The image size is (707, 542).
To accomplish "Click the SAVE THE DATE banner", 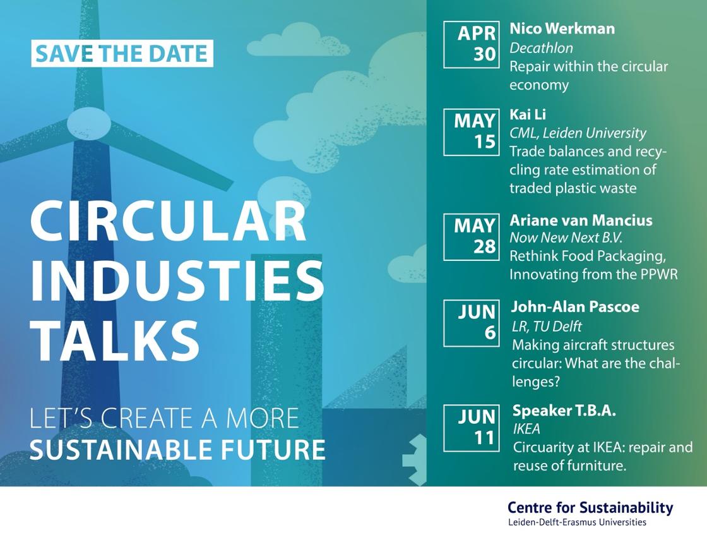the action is click(x=122, y=54).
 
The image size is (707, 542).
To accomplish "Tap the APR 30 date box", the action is click(x=471, y=45).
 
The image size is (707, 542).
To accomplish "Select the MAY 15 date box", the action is click(x=471, y=132).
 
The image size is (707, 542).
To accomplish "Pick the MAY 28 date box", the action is click(x=471, y=237).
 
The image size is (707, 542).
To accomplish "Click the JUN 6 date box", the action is click(x=471, y=323).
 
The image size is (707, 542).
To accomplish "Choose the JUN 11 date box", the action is click(x=471, y=428).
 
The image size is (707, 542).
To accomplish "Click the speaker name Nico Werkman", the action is click(x=562, y=28).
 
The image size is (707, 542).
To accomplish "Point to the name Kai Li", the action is click(x=528, y=114).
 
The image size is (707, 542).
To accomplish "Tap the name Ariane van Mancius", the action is click(x=581, y=220).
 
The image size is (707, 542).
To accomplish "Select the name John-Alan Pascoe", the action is click(x=575, y=307).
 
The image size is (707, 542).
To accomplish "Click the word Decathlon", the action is click(x=541, y=48).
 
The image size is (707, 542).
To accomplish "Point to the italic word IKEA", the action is click(x=526, y=429).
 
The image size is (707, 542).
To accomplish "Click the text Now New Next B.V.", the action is click(x=566, y=238).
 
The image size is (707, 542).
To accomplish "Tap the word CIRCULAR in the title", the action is click(x=168, y=222).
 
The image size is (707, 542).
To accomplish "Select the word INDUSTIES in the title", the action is click(x=177, y=280).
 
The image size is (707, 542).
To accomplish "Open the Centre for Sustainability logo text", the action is click(x=590, y=513).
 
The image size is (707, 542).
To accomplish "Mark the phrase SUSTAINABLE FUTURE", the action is click(x=177, y=450).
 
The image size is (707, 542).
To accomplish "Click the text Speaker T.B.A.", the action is click(x=564, y=411).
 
